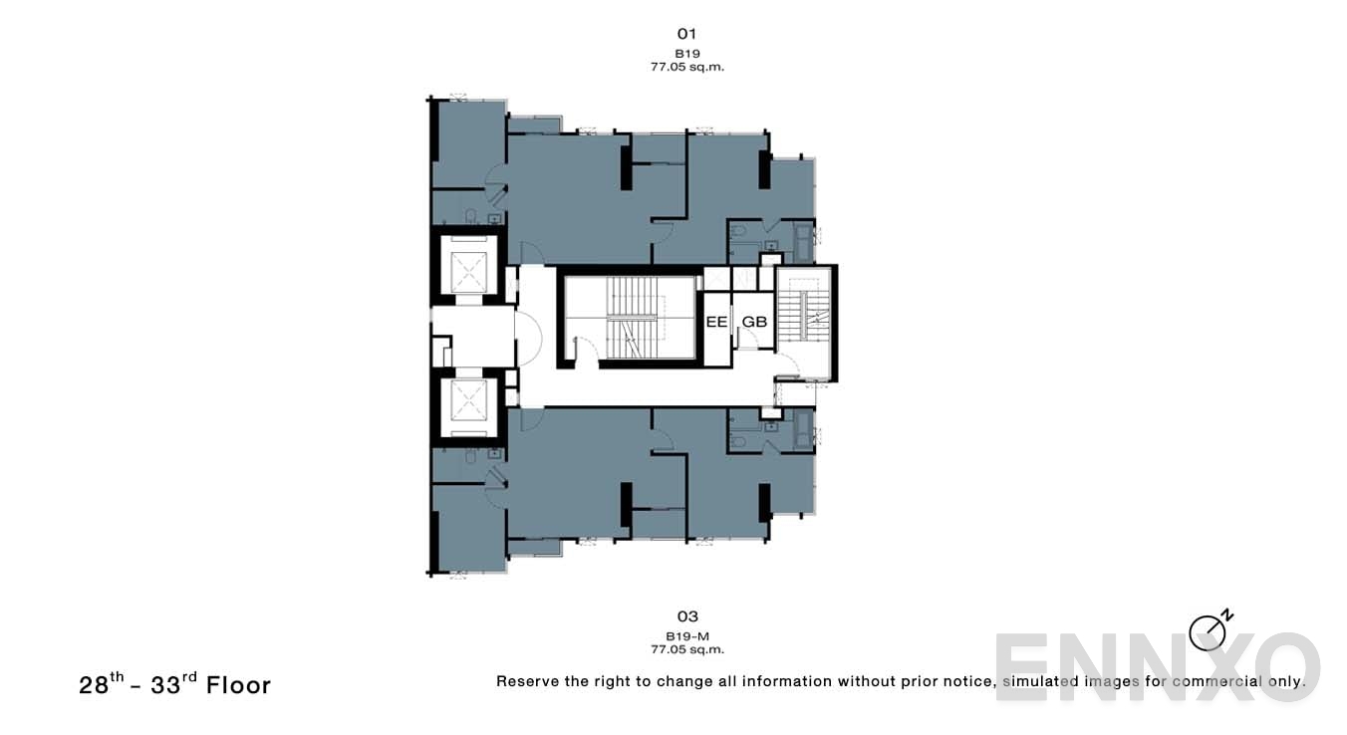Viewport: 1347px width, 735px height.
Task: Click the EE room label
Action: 716,322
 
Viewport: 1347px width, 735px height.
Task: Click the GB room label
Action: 754,322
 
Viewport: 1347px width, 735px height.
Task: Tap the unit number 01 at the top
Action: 686,34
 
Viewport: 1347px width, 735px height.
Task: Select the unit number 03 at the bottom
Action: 686,616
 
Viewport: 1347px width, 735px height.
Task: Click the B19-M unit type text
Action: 686,635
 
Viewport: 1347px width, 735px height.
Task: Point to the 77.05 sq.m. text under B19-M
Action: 686,649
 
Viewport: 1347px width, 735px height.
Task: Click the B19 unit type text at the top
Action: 686,53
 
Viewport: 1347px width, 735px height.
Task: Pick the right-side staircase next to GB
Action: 803,321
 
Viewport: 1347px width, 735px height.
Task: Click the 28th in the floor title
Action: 102,684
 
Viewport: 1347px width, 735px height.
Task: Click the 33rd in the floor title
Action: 170,684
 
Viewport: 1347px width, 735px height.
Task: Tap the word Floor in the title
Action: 238,685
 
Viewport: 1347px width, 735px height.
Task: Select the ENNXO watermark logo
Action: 1156,666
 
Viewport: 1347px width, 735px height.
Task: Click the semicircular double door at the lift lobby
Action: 527,336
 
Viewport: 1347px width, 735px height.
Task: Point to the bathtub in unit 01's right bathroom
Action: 803,241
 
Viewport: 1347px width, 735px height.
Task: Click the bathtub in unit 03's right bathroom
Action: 803,431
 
